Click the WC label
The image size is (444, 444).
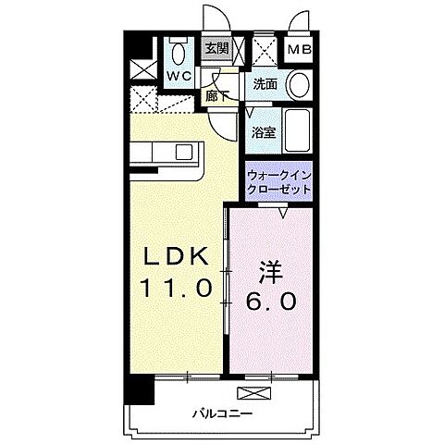tap(179, 74)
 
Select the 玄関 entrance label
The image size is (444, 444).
tap(216, 50)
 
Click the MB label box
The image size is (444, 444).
tap(297, 50)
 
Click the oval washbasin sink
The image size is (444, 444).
tap(298, 83)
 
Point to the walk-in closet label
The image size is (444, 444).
tap(277, 181)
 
